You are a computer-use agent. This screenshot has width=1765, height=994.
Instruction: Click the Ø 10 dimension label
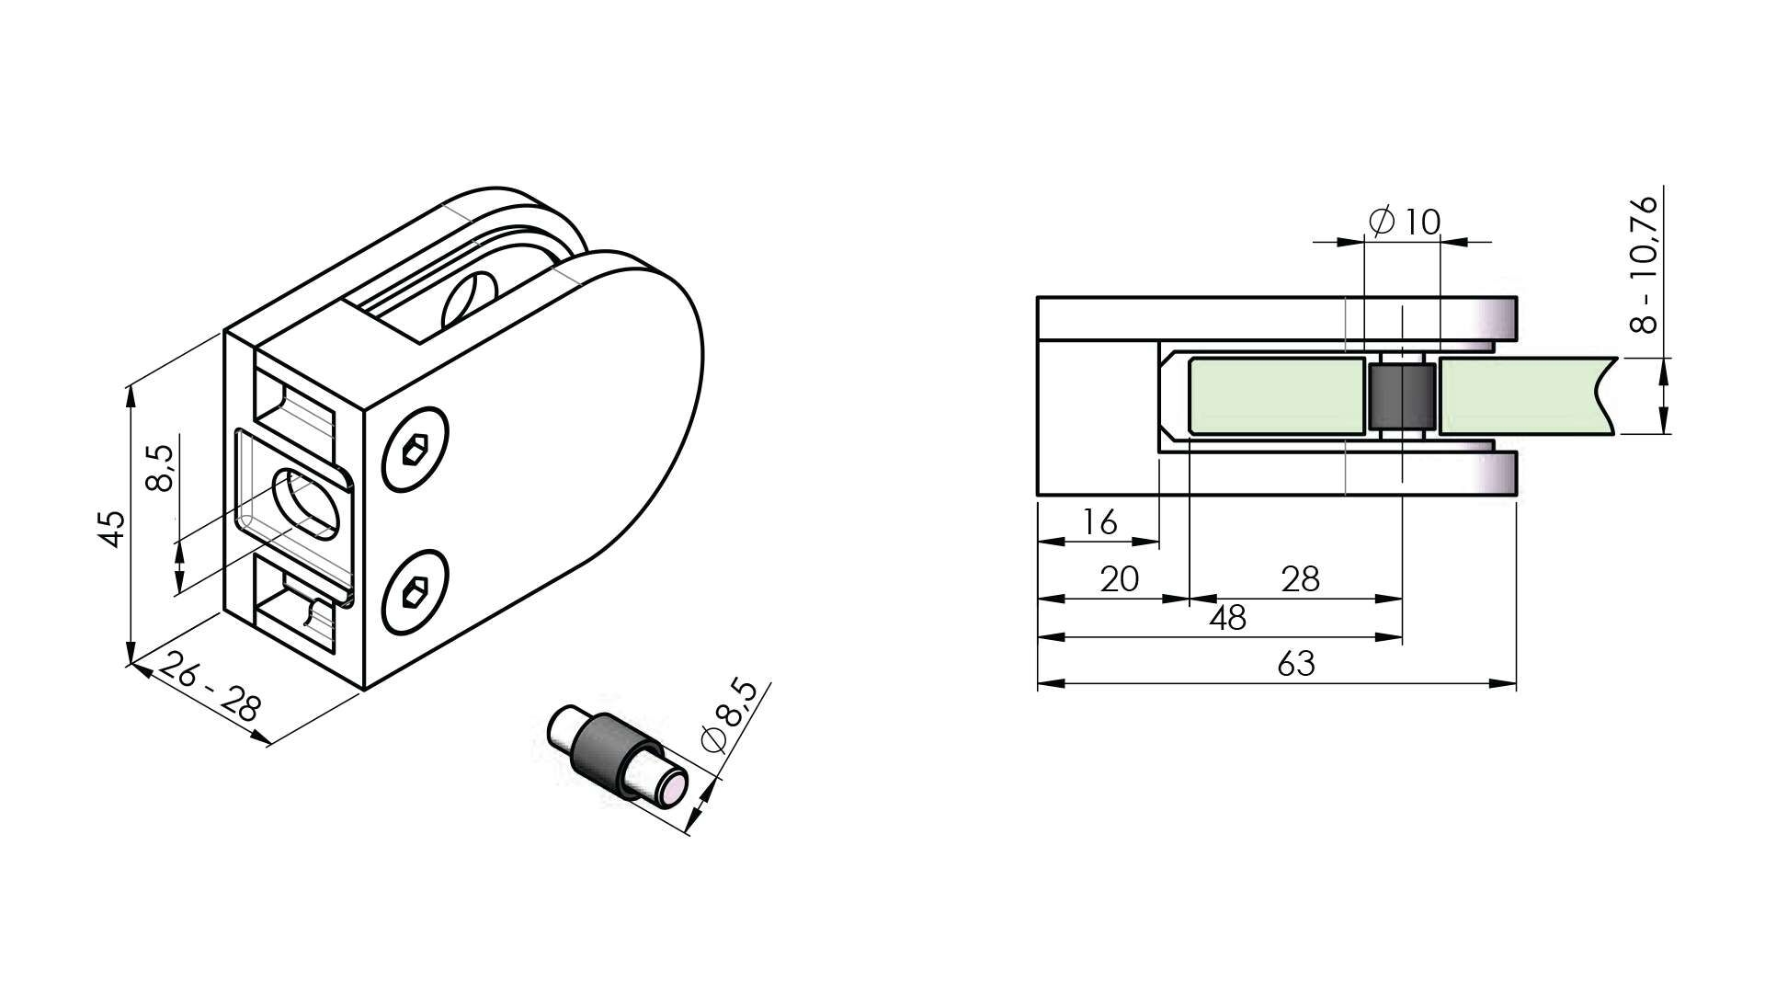coord(1404,222)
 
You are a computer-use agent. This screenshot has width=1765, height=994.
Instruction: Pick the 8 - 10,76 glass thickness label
coord(1641,264)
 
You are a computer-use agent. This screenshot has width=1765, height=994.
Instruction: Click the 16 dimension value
coord(1099,522)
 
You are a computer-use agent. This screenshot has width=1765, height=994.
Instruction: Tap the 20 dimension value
coord(1120,578)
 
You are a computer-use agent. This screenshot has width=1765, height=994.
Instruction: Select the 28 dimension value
coord(1300,578)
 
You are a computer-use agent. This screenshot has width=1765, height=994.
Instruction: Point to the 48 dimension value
coord(1227,618)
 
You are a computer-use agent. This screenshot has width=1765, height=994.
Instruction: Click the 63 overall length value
coord(1295,663)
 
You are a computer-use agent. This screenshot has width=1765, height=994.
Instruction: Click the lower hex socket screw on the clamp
coord(416,592)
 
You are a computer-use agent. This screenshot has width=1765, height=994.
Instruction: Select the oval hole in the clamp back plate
coord(306,503)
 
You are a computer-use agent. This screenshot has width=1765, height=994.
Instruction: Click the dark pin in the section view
coord(1403,396)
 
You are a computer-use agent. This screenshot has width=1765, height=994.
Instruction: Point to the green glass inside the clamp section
coord(1276,396)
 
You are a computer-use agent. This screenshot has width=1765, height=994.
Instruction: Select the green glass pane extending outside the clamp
coord(1527,396)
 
